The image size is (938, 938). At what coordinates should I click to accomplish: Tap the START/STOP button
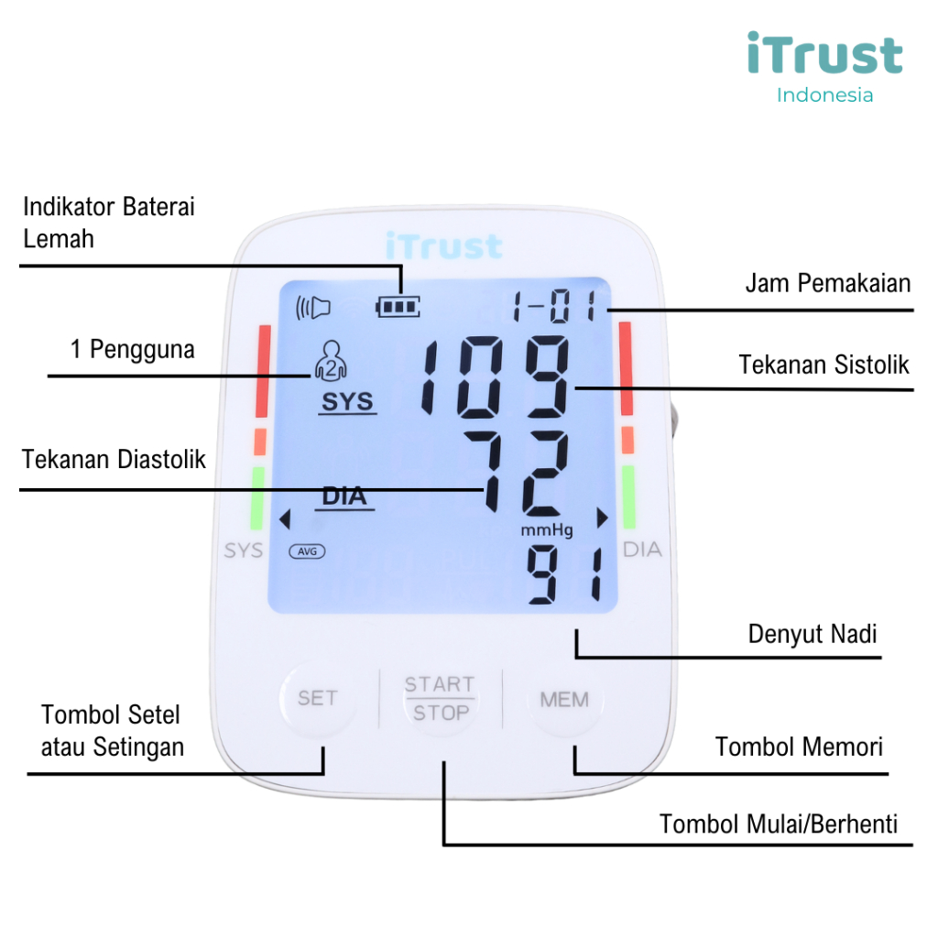440,699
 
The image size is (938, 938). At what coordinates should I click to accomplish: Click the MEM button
563,700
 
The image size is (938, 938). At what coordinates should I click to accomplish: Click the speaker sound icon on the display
311,307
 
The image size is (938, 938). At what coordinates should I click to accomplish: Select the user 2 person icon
330,360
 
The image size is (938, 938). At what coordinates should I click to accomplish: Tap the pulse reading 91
562,575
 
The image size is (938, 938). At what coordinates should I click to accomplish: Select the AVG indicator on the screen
307,551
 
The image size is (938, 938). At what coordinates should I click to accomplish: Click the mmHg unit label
547,530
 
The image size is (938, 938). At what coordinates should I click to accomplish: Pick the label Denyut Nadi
813,634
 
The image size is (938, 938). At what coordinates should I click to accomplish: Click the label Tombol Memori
799,747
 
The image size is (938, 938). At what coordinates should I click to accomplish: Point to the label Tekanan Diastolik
115,458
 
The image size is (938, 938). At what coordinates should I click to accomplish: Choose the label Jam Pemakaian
828,283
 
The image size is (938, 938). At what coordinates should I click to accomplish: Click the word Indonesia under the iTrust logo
824,94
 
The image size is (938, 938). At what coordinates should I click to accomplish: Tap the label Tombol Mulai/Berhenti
779,823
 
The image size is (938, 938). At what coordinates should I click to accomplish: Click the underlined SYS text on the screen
347,403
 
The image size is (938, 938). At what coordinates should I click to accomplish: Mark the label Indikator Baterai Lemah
108,223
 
